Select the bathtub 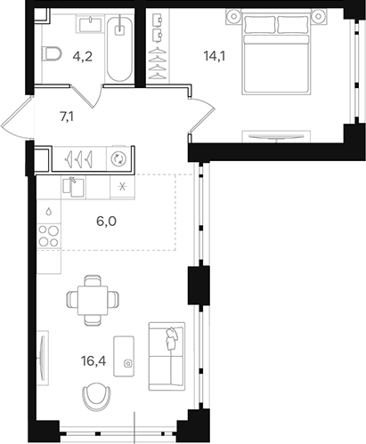click(x=118, y=49)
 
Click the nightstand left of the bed click(x=234, y=15)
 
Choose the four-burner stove click(x=50, y=238)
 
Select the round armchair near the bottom click(x=96, y=394)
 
